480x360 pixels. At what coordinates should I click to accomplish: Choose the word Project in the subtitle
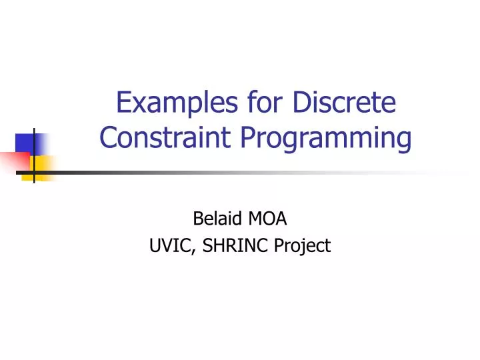point(303,246)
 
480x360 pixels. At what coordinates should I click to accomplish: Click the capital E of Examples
point(123,104)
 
